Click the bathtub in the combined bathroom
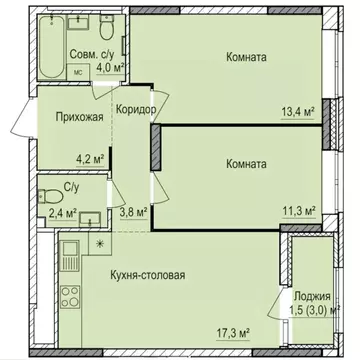(46, 49)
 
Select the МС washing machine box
(78, 73)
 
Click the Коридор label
(135, 109)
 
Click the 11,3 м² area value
(299, 211)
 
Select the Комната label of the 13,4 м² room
(245, 58)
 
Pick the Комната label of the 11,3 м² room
(245, 163)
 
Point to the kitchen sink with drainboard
(70, 256)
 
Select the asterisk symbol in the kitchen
(98, 243)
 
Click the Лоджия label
(312, 296)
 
